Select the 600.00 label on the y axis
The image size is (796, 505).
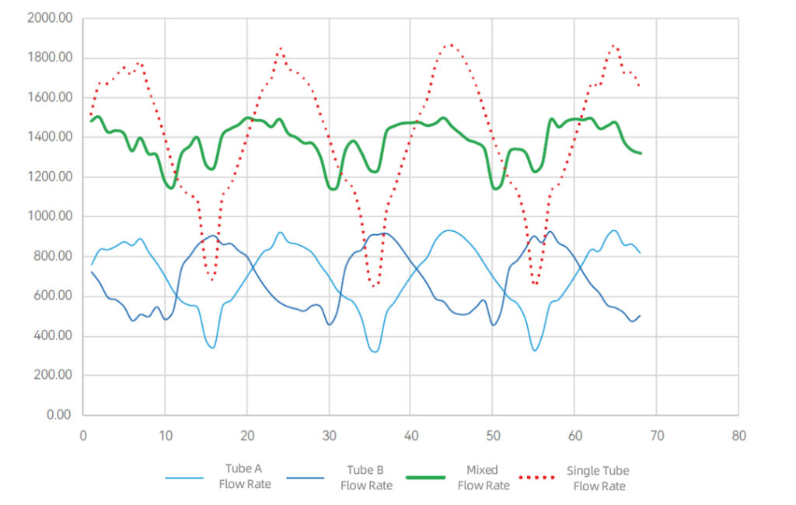point(53,296)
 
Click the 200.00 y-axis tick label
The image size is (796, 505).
point(53,376)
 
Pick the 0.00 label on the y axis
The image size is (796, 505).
point(59,416)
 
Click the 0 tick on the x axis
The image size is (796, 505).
point(83,436)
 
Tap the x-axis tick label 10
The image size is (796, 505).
point(165,436)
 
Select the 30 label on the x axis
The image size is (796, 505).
point(329,436)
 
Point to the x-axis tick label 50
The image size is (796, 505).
point(493,436)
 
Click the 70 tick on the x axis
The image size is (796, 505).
point(656,436)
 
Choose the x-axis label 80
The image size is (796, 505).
point(738,436)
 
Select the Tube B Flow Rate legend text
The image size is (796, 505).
point(366,477)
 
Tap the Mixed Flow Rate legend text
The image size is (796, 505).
point(483,477)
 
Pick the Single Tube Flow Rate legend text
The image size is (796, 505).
point(598,478)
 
